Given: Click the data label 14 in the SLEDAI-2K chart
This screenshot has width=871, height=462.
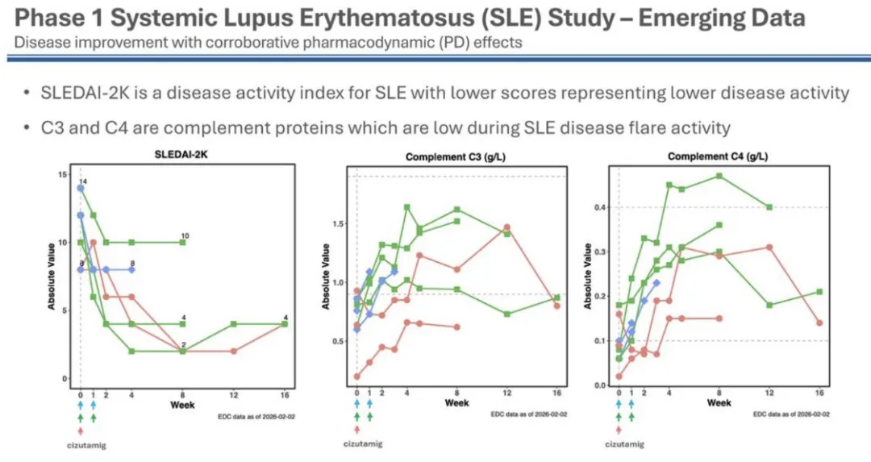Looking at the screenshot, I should pyautogui.click(x=83, y=182).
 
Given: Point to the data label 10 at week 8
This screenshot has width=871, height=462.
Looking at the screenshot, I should pyautogui.click(x=185, y=235).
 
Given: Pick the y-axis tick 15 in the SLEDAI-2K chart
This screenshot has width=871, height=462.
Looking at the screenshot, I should pyautogui.click(x=64, y=173).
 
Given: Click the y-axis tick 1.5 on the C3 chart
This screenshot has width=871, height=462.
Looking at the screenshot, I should pyautogui.click(x=339, y=223).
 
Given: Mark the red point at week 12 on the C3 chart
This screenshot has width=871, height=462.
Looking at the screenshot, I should pyautogui.click(x=507, y=227).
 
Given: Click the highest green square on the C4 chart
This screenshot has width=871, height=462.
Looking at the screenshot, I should pyautogui.click(x=719, y=176).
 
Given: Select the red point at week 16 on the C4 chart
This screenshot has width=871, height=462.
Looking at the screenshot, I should pyautogui.click(x=819, y=323).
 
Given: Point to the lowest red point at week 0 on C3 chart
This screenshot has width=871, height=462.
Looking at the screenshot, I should pyautogui.click(x=357, y=376).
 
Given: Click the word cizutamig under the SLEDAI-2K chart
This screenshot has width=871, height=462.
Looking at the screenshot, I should pyautogui.click(x=79, y=443).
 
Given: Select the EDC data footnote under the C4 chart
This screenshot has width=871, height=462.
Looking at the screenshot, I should pyautogui.click(x=791, y=414).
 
